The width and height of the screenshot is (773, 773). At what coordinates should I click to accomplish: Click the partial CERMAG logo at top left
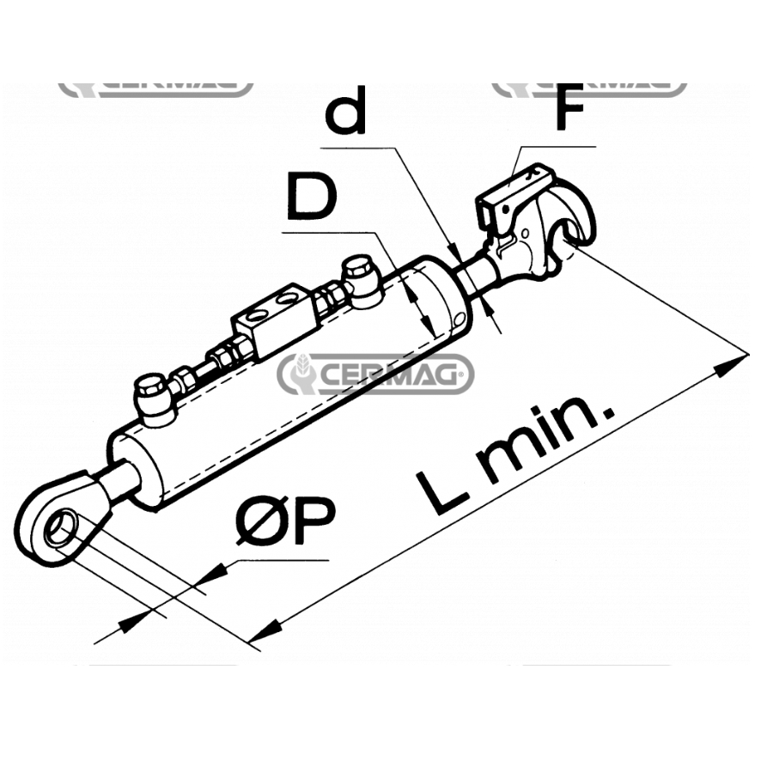coord(155,88)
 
